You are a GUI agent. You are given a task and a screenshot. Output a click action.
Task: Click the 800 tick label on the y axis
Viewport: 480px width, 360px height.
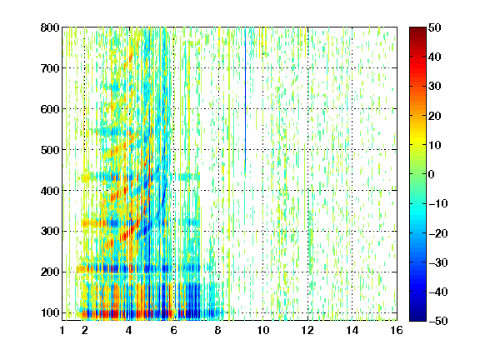click(x=50, y=27)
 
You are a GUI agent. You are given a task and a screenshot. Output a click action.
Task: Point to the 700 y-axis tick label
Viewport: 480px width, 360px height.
click(x=50, y=68)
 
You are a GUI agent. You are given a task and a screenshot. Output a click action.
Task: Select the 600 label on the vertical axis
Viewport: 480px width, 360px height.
click(x=50, y=109)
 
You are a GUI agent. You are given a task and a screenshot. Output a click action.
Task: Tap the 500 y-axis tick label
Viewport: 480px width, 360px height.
click(x=50, y=150)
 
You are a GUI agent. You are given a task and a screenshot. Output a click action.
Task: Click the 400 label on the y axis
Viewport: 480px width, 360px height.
click(x=50, y=191)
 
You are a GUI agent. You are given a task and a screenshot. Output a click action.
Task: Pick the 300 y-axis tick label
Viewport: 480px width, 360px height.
click(x=50, y=232)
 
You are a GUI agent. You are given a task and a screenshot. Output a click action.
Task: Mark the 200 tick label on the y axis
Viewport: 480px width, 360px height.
click(x=50, y=272)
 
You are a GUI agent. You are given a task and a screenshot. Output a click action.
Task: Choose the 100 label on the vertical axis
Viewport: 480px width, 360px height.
click(x=50, y=312)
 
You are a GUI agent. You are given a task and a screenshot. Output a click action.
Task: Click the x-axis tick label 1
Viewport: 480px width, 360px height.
click(x=62, y=330)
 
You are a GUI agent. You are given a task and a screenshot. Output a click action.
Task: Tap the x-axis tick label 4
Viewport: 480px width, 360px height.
click(x=129, y=330)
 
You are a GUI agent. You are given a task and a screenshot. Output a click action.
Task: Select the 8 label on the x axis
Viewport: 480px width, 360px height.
click(x=218, y=330)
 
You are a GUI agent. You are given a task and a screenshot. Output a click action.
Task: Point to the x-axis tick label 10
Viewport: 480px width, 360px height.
click(x=263, y=330)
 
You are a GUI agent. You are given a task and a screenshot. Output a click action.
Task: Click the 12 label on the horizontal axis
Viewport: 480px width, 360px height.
click(x=307, y=330)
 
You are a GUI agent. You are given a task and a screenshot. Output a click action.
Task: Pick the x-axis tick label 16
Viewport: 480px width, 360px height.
click(x=397, y=330)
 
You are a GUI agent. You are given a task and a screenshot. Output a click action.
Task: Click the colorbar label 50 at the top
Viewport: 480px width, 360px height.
click(x=434, y=27)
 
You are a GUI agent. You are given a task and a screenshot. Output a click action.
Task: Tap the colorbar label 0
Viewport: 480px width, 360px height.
click(x=432, y=174)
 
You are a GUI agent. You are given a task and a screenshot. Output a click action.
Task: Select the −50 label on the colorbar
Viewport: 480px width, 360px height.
click(x=438, y=321)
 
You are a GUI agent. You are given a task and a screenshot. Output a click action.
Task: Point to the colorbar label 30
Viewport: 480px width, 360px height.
click(x=434, y=87)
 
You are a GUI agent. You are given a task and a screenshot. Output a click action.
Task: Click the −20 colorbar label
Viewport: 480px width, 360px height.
click(x=438, y=233)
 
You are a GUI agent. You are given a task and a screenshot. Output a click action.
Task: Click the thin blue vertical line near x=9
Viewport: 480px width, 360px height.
click(x=245, y=101)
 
